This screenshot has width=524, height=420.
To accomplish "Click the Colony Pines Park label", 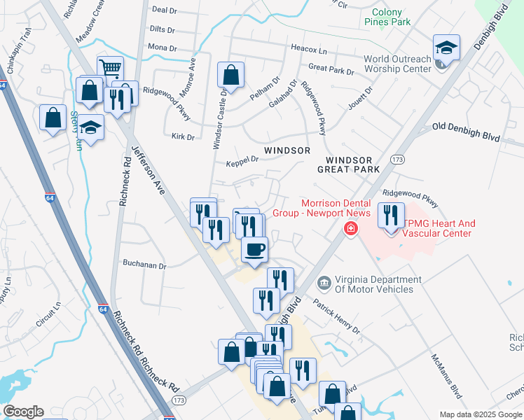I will point(387,17).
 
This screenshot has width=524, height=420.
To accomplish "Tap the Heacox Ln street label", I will point(309,50).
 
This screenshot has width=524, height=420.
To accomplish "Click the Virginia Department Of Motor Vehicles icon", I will point(324,283).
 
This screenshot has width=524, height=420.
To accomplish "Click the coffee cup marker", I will point(254,248).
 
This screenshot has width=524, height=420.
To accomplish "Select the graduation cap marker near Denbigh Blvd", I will point(446,48).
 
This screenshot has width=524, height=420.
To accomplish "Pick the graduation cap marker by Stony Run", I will point(90,127).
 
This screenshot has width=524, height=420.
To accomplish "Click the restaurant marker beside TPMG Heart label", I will point(391,213).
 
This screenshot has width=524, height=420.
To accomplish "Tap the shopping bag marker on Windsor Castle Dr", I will point(230,74).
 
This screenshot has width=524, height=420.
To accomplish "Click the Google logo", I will point(23,412).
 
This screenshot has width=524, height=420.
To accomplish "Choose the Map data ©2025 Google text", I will point(481,414).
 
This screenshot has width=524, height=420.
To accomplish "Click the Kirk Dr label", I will point(182,137).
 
